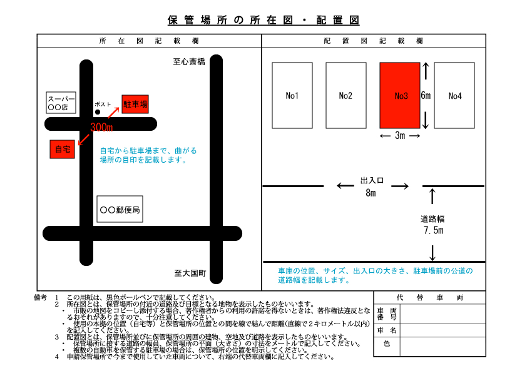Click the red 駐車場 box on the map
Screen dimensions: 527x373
point(135,104)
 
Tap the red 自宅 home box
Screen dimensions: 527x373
point(62,149)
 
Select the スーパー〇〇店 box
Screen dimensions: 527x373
point(61,103)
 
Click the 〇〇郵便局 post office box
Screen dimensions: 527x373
point(120,209)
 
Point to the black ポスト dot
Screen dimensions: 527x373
point(98,112)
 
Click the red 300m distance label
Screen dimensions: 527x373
point(101,127)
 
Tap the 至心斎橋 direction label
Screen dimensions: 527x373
point(189,62)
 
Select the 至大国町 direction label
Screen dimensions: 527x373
point(190,273)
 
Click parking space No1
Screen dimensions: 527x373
point(292,95)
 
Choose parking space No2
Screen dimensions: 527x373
point(346,95)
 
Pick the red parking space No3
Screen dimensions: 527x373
point(400,95)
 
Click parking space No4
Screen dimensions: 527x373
point(454,95)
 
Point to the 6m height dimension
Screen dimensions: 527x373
point(426,95)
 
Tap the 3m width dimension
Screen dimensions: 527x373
point(400,135)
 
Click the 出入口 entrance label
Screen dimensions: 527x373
point(372,180)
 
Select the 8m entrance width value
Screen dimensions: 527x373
point(371,193)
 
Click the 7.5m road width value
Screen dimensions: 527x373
point(434,230)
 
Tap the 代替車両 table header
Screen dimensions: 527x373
point(430,297)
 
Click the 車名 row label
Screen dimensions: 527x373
point(387,330)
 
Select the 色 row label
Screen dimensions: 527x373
point(387,344)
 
